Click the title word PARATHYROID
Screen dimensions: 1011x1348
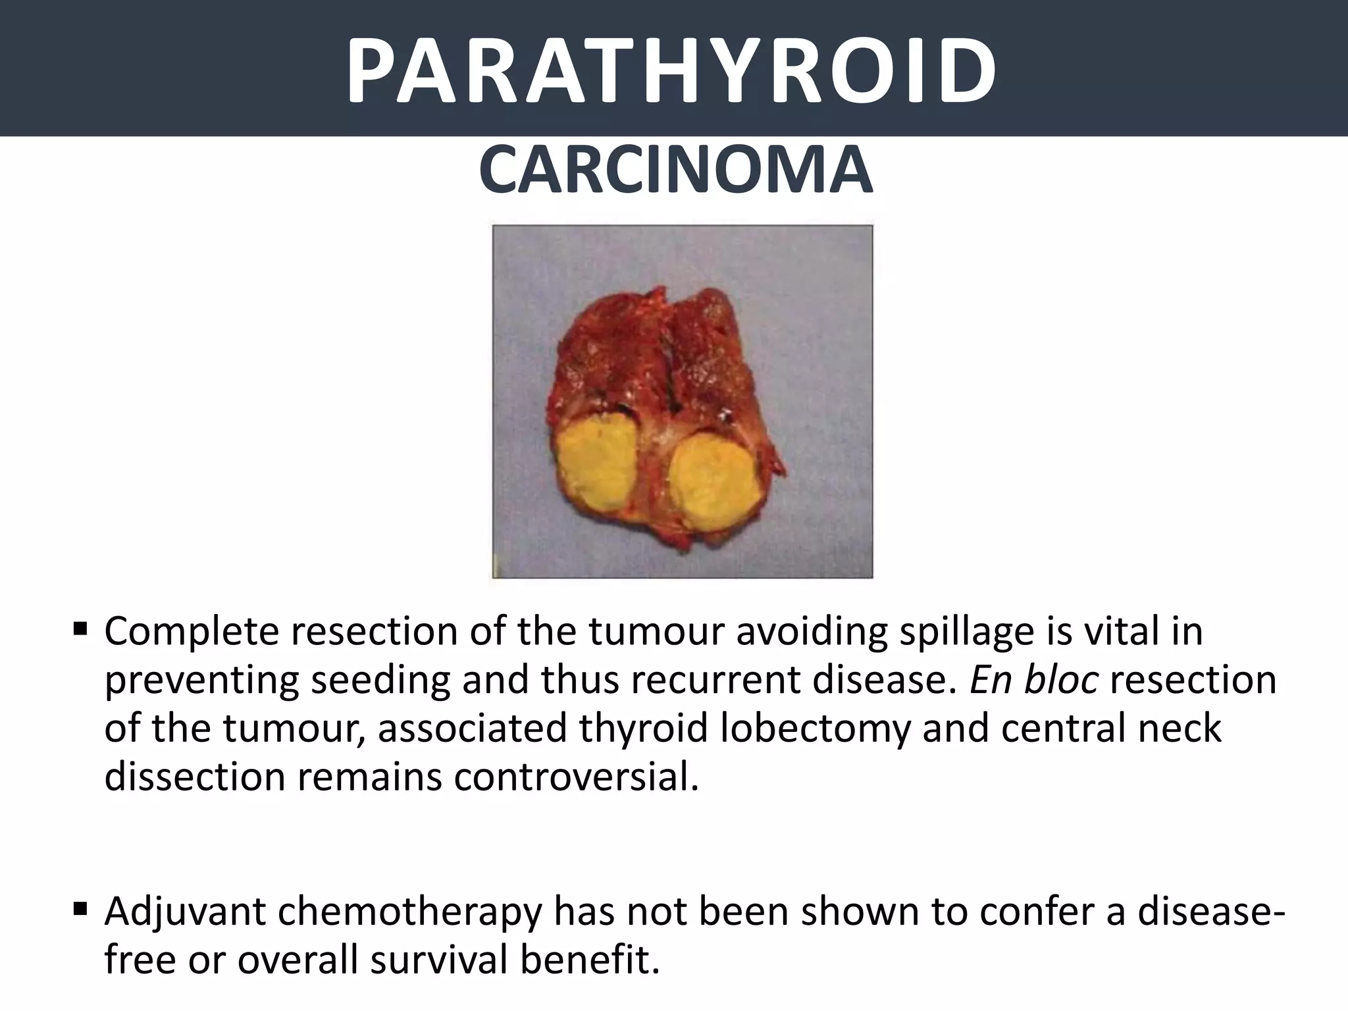click(x=671, y=71)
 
